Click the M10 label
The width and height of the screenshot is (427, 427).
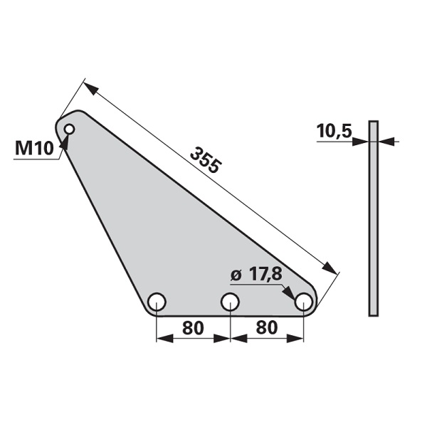[34, 149]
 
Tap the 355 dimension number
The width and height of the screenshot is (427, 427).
[206, 160]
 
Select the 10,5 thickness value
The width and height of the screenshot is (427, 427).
[334, 131]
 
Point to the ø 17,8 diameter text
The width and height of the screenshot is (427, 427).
[256, 275]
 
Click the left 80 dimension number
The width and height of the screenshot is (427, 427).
[193, 327]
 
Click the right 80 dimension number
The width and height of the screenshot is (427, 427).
[267, 327]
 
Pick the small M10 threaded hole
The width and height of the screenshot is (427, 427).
[70, 129]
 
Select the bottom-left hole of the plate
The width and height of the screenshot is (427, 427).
[157, 302]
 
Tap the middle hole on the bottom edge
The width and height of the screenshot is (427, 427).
[230, 302]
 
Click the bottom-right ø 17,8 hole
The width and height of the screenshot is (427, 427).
[303, 302]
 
